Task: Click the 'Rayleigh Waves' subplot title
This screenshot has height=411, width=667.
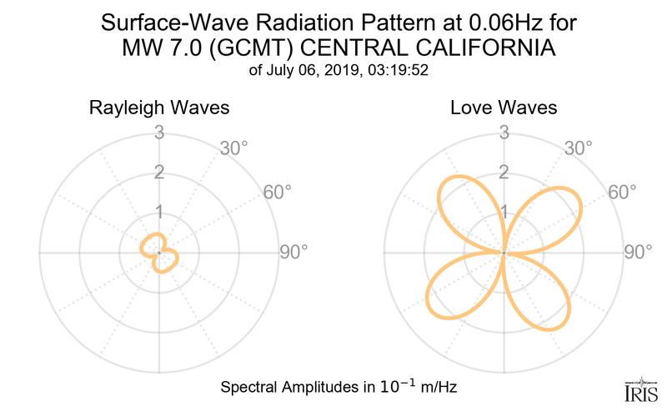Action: pos(158,108)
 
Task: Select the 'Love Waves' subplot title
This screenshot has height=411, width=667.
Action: pos(504,108)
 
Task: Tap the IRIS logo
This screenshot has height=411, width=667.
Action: pos(640,389)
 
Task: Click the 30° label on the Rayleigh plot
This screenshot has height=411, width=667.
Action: pos(233,148)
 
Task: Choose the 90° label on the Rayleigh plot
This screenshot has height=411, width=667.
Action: pos(293,252)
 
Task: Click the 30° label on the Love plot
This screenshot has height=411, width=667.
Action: pos(578,148)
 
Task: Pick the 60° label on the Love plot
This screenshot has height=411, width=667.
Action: pos(623,192)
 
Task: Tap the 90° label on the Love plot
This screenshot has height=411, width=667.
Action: pos(639,252)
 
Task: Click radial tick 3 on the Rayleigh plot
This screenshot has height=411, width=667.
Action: pos(158,132)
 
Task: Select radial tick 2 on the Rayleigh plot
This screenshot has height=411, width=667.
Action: pos(158,173)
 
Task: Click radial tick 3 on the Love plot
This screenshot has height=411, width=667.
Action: pos(504,132)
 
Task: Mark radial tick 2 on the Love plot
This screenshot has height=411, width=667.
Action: pos(504,173)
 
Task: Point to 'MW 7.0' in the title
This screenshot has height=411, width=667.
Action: pos(155,47)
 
